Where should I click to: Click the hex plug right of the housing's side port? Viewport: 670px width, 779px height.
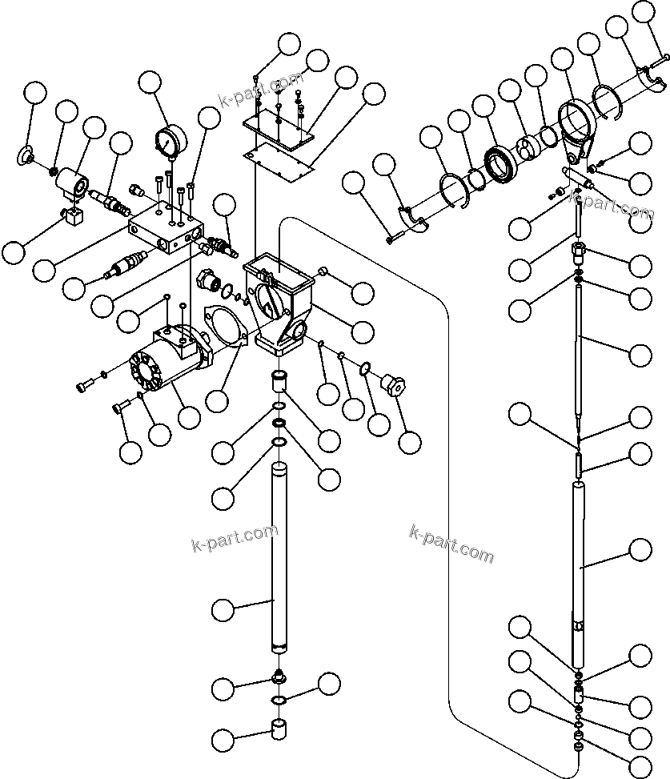point(391,383)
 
